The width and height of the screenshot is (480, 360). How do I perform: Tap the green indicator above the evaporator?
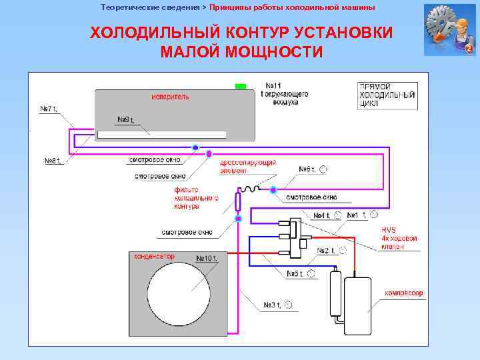pyautogui.click(x=241, y=86)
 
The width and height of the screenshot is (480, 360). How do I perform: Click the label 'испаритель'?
pyautogui.click(x=170, y=96)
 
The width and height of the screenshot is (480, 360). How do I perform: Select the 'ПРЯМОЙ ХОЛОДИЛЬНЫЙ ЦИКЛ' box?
pyautogui.click(x=387, y=95)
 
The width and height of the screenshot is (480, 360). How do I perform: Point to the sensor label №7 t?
pyautogui.click(x=49, y=109)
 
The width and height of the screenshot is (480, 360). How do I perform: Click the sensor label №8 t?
pyautogui.click(x=53, y=161)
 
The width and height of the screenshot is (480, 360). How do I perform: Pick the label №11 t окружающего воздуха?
pyautogui.click(x=285, y=94)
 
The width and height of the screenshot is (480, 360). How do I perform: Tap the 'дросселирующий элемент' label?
pyautogui.click(x=248, y=167)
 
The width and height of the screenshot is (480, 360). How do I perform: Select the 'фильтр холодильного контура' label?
pyautogui.click(x=196, y=198)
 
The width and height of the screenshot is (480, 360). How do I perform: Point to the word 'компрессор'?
pyautogui.click(x=404, y=293)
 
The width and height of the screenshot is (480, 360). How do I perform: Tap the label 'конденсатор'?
pyautogui.click(x=154, y=256)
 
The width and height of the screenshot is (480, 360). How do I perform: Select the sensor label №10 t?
pyautogui.click(x=207, y=258)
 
